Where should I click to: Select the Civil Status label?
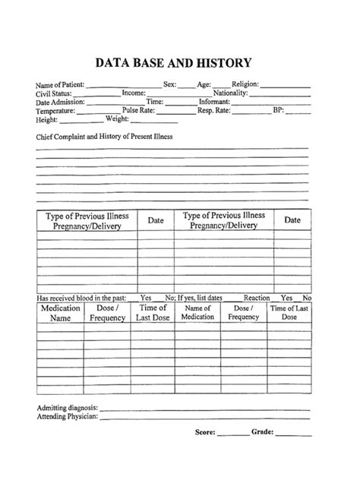coord(53,93)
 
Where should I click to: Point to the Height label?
coord(46,119)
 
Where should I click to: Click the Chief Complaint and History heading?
coord(105,137)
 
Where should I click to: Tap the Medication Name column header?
coord(60,314)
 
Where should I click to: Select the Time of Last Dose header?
coord(153,314)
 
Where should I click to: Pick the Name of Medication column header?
coord(197,314)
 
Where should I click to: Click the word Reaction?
coord(257,298)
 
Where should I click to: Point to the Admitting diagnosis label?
coord(67,409)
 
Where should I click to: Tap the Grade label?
coord(262,432)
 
